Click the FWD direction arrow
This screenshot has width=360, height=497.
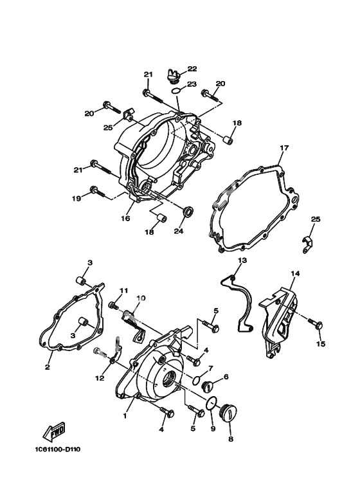coord(54,432)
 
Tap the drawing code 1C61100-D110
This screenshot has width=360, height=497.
coord(57,449)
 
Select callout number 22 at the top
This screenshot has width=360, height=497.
coord(192,69)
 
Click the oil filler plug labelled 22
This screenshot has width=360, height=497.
coord(173,76)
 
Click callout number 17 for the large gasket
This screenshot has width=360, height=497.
coord(285,148)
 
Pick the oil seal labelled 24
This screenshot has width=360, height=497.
coord(188,212)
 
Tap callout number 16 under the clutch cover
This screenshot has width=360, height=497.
coord(126,219)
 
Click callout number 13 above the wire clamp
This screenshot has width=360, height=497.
coord(242,260)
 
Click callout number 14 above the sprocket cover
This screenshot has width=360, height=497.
coord(295,273)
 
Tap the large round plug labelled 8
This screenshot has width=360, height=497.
coord(228,413)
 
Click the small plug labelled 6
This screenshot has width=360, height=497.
coord(208,387)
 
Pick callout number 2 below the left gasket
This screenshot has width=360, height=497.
coord(47,367)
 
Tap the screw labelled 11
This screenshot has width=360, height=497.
coord(113,305)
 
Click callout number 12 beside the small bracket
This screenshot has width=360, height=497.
coord(100,378)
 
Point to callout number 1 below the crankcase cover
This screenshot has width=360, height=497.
coord(125,415)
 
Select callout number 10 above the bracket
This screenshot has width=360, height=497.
coord(141,298)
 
